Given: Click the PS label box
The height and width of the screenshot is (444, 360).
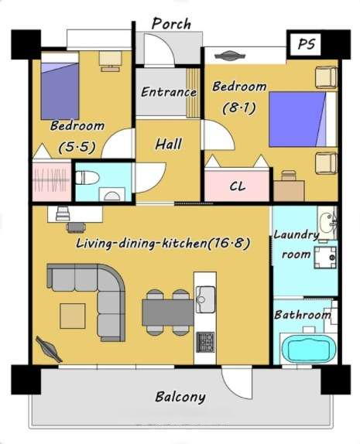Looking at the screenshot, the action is coord(305,44).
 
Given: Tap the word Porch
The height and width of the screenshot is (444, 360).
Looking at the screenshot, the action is coord(171,24).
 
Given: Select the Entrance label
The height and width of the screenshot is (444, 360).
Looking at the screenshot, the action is coord(169,92).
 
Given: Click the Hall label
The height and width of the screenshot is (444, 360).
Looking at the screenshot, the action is coord(168,144).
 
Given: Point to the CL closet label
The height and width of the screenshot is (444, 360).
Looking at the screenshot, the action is coord(238,186).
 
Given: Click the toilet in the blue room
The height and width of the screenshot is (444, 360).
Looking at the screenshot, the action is coord(87,178).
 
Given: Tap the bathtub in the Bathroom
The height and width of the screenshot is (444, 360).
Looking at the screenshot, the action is coord(309,349).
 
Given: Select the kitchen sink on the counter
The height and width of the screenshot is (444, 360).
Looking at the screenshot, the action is coord(205,299).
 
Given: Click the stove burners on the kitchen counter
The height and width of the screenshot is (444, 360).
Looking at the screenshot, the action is coord(205,342).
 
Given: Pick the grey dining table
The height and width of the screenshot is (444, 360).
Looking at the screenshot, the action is coord(168,313).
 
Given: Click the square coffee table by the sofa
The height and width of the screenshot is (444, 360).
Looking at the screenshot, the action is coord(73,316).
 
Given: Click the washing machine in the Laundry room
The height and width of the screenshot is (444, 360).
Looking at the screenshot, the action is coord(325,258).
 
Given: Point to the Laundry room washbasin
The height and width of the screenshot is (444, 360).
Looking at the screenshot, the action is coord(327,223).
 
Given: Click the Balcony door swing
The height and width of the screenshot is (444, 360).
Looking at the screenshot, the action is coord(236,383).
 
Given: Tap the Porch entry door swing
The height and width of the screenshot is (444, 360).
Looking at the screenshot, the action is coord(159,49).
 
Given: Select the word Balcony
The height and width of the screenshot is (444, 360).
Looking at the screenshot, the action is coord(180,397).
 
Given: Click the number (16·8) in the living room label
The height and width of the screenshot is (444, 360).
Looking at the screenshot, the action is coord(228,243).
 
